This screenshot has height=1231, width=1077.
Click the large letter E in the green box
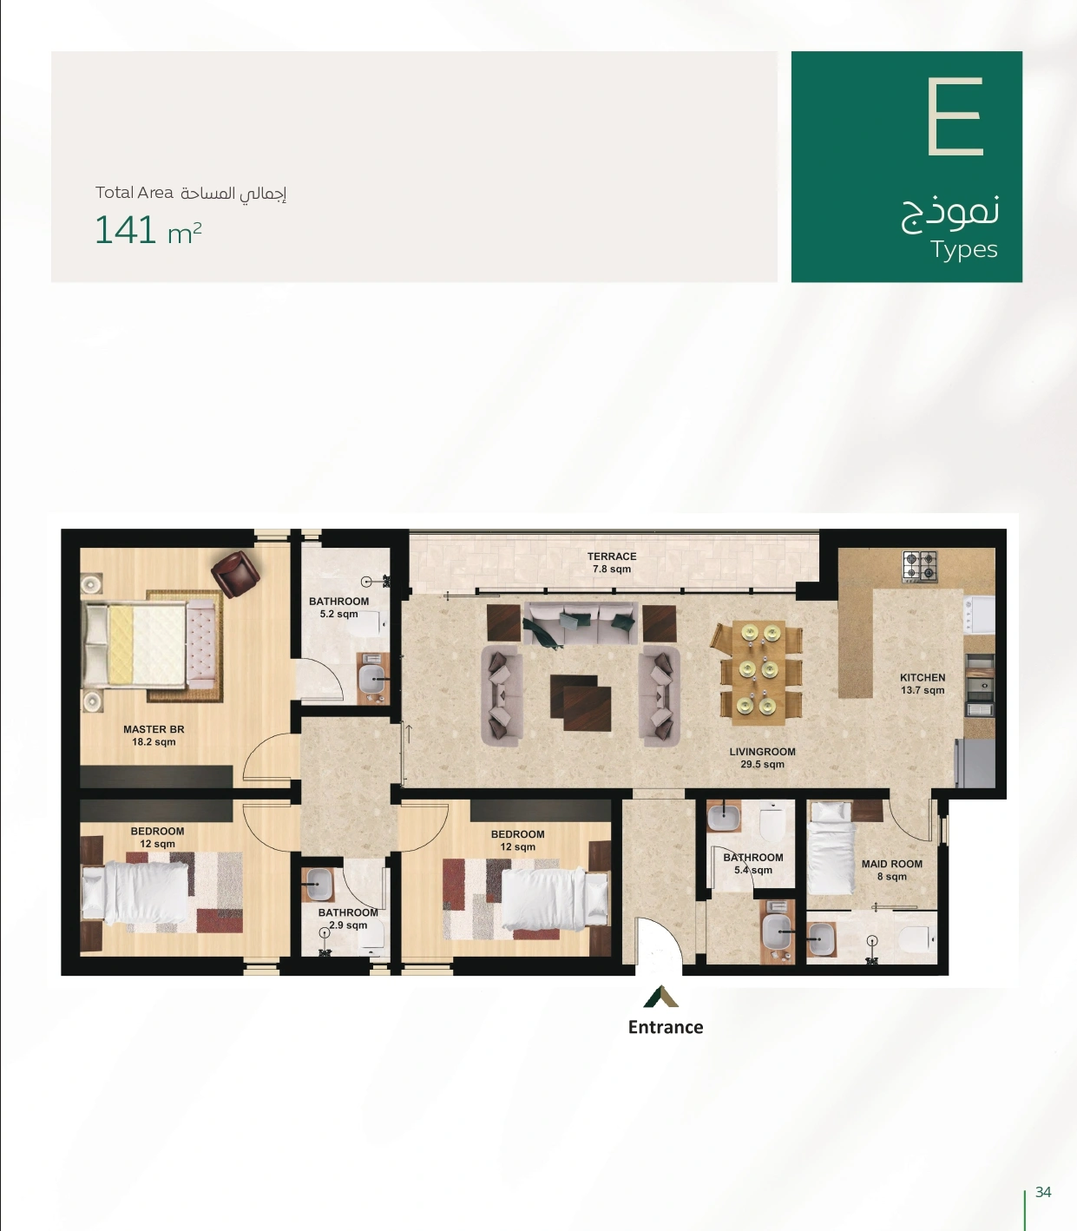point(955,116)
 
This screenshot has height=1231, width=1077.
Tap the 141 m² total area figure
point(148,230)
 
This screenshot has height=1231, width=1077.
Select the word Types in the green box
point(964,249)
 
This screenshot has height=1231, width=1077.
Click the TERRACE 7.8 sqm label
point(612,563)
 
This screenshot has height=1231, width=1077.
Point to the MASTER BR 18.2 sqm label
point(154,735)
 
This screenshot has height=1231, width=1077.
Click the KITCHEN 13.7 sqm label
point(923,684)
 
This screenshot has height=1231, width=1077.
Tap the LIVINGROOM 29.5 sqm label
point(763,758)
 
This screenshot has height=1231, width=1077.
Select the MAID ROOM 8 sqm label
point(892,870)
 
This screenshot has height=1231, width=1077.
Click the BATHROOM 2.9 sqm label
point(348,918)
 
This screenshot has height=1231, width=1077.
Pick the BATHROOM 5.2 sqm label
point(339,608)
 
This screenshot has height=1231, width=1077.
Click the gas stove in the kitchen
point(919,567)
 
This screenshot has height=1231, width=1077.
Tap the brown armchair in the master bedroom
point(235,573)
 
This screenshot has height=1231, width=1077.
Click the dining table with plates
point(758,673)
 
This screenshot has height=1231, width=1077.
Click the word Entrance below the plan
point(666,1027)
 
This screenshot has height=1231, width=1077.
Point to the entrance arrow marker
point(661,997)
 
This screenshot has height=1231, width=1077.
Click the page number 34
point(1043,1192)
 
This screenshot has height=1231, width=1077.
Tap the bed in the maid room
point(831,848)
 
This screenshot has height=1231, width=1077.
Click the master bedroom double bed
point(149,644)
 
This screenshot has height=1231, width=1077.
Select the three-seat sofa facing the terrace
point(579,623)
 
